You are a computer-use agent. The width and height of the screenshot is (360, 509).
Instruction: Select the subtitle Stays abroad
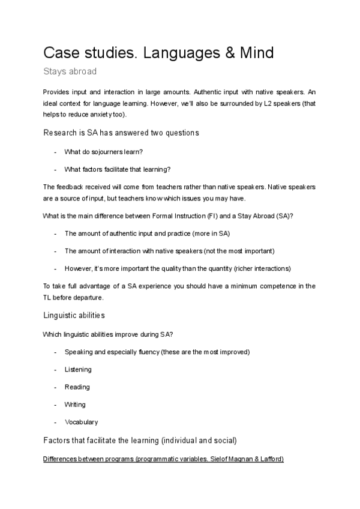pos(70,71)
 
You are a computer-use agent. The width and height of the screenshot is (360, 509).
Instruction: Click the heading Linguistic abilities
pos(74,315)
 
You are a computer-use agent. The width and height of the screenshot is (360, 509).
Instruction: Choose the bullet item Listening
pos(78,369)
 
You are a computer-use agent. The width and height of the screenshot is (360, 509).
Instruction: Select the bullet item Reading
pos(77,387)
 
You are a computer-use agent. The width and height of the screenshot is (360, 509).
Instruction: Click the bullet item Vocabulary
pos(81,422)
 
